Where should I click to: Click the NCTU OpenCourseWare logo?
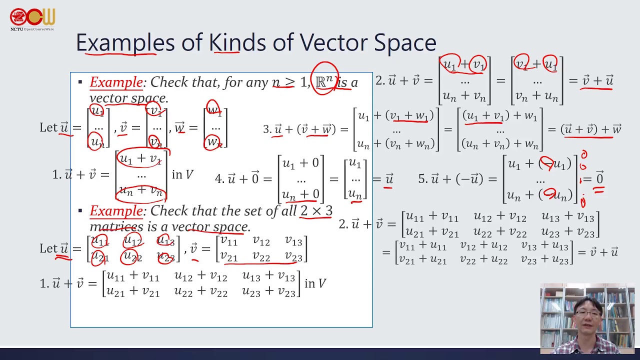[x=32, y=19]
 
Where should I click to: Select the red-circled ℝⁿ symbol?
[x=324, y=81]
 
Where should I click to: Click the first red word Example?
[x=116, y=82]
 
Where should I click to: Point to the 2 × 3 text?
[x=316, y=211]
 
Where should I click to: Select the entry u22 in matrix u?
[x=132, y=257]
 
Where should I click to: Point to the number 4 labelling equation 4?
[x=218, y=178]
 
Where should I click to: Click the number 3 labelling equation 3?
[x=266, y=129]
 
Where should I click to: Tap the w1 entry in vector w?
[x=214, y=110]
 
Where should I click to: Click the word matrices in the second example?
[x=116, y=226]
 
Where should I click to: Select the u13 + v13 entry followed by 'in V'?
[x=268, y=276]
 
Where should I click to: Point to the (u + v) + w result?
[x=591, y=129]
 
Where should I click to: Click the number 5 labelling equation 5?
[x=421, y=178]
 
